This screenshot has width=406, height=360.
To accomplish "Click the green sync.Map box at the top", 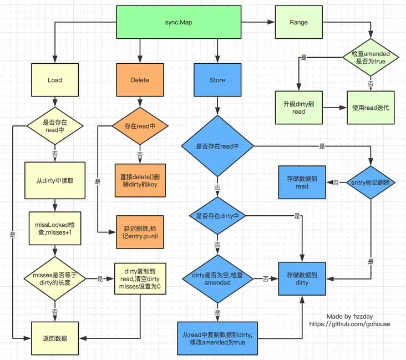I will point(179,23).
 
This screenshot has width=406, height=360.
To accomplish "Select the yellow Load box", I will point(54,80).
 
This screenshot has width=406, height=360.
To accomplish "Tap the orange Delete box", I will point(140,80).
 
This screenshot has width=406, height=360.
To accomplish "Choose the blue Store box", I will point(217,80).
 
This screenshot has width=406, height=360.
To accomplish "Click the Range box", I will point(298,23).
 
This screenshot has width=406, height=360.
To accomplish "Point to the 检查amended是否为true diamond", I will point(370,58).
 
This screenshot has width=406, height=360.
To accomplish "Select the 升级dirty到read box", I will point(298,107).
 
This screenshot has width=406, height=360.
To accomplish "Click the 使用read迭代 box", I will point(370,107).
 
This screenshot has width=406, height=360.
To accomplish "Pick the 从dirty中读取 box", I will point(54,180).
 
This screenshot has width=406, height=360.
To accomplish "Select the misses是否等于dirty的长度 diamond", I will point(54,279).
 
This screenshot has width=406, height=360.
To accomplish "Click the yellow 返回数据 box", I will point(54,338).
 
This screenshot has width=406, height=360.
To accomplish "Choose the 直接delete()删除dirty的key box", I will point(140,180).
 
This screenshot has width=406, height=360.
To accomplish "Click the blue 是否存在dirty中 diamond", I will point(217,216).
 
